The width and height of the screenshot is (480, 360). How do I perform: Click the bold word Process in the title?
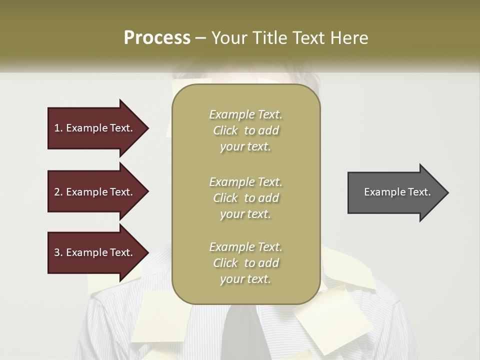pyautogui.click(x=157, y=38)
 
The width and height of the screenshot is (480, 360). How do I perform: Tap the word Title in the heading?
pyautogui.click(x=269, y=38)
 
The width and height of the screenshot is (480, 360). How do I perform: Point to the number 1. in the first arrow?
pyautogui.click(x=58, y=128)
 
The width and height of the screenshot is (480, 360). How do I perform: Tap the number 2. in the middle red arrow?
pyautogui.click(x=58, y=192)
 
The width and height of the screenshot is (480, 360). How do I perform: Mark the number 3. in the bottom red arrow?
pyautogui.click(x=58, y=252)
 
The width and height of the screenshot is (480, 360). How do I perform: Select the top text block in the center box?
pyautogui.click(x=245, y=130)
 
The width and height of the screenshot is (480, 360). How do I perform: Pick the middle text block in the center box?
pyautogui.click(x=245, y=198)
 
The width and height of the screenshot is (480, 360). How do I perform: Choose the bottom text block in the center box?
pyautogui.click(x=245, y=263)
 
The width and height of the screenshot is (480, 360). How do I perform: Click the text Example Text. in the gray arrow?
pyautogui.click(x=397, y=192)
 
